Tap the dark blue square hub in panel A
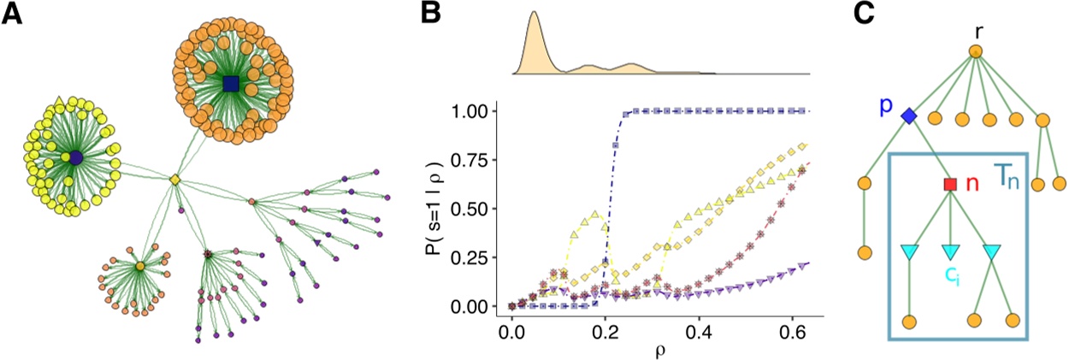(x=230, y=83)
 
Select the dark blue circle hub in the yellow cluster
(x=76, y=158)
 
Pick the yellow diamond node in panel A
(x=174, y=180)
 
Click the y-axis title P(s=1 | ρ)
(x=449, y=209)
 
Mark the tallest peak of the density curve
(x=534, y=13)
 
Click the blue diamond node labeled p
(x=909, y=115)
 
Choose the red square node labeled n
(x=950, y=183)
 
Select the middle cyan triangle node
(x=950, y=252)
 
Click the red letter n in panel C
(x=972, y=183)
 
